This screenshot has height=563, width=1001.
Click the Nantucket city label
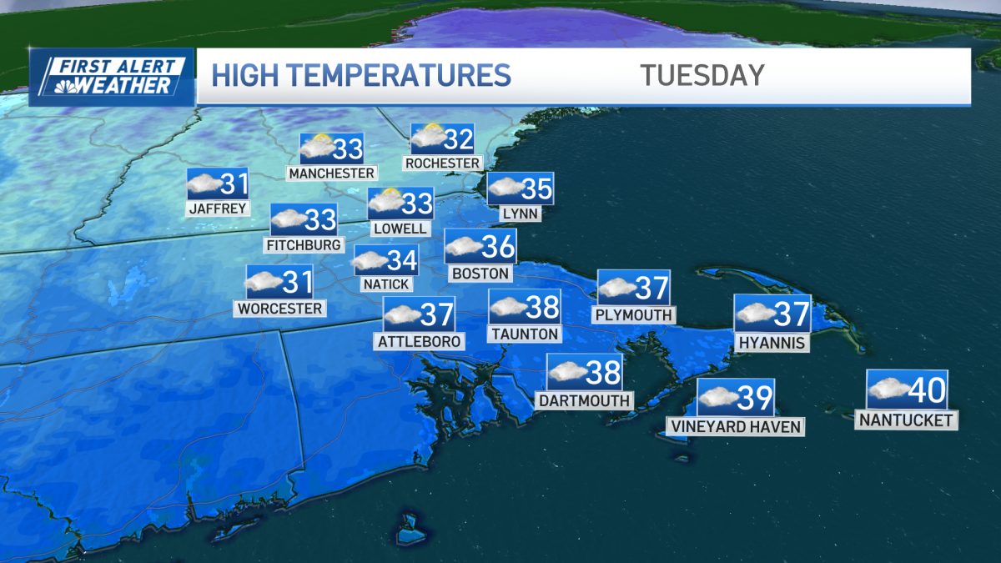pyautogui.click(x=906, y=420)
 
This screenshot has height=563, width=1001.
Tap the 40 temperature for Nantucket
pyautogui.click(x=925, y=389)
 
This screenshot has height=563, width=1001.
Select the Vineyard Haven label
pyautogui.click(x=735, y=427)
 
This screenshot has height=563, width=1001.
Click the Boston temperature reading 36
pyautogui.click(x=497, y=247)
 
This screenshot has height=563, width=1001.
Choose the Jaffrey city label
pyautogui.click(x=218, y=209)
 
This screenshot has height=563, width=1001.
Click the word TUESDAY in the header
pyautogui.click(x=702, y=75)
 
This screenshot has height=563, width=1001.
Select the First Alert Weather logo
pyautogui.click(x=112, y=76)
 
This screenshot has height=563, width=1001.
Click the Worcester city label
pyautogui.click(x=279, y=309)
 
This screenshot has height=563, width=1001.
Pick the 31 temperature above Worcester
pyautogui.click(x=296, y=282)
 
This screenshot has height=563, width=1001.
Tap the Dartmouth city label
pyautogui.click(x=584, y=400)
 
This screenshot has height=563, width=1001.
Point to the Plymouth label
pyautogui.click(x=633, y=315)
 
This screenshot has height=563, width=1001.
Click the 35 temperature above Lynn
pyautogui.click(x=536, y=189)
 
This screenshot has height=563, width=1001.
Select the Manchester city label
pyautogui.click(x=331, y=173)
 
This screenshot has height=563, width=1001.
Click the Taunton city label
pyautogui.click(x=525, y=334)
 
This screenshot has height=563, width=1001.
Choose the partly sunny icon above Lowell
pyautogui.click(x=386, y=201)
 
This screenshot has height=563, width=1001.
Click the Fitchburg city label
pyautogui.click(x=304, y=244)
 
